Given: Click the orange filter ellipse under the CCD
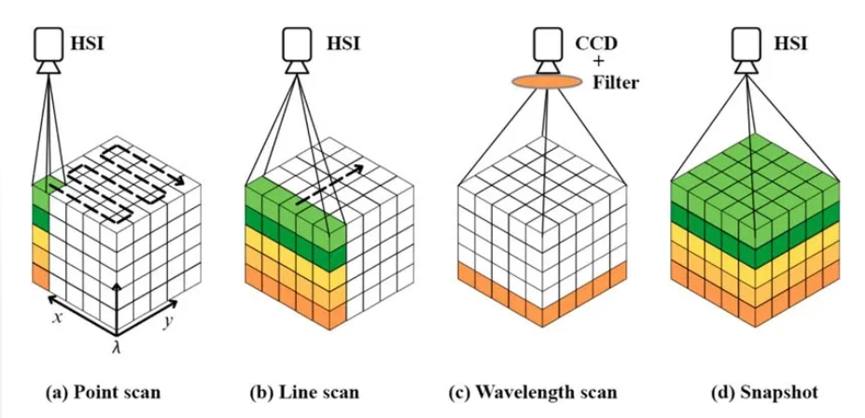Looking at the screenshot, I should (543, 84).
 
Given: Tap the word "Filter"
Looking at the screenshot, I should (616, 83).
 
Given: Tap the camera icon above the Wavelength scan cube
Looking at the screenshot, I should (544, 48).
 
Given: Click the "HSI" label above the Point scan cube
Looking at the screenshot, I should (90, 42).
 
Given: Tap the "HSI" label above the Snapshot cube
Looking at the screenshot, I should (789, 42).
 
